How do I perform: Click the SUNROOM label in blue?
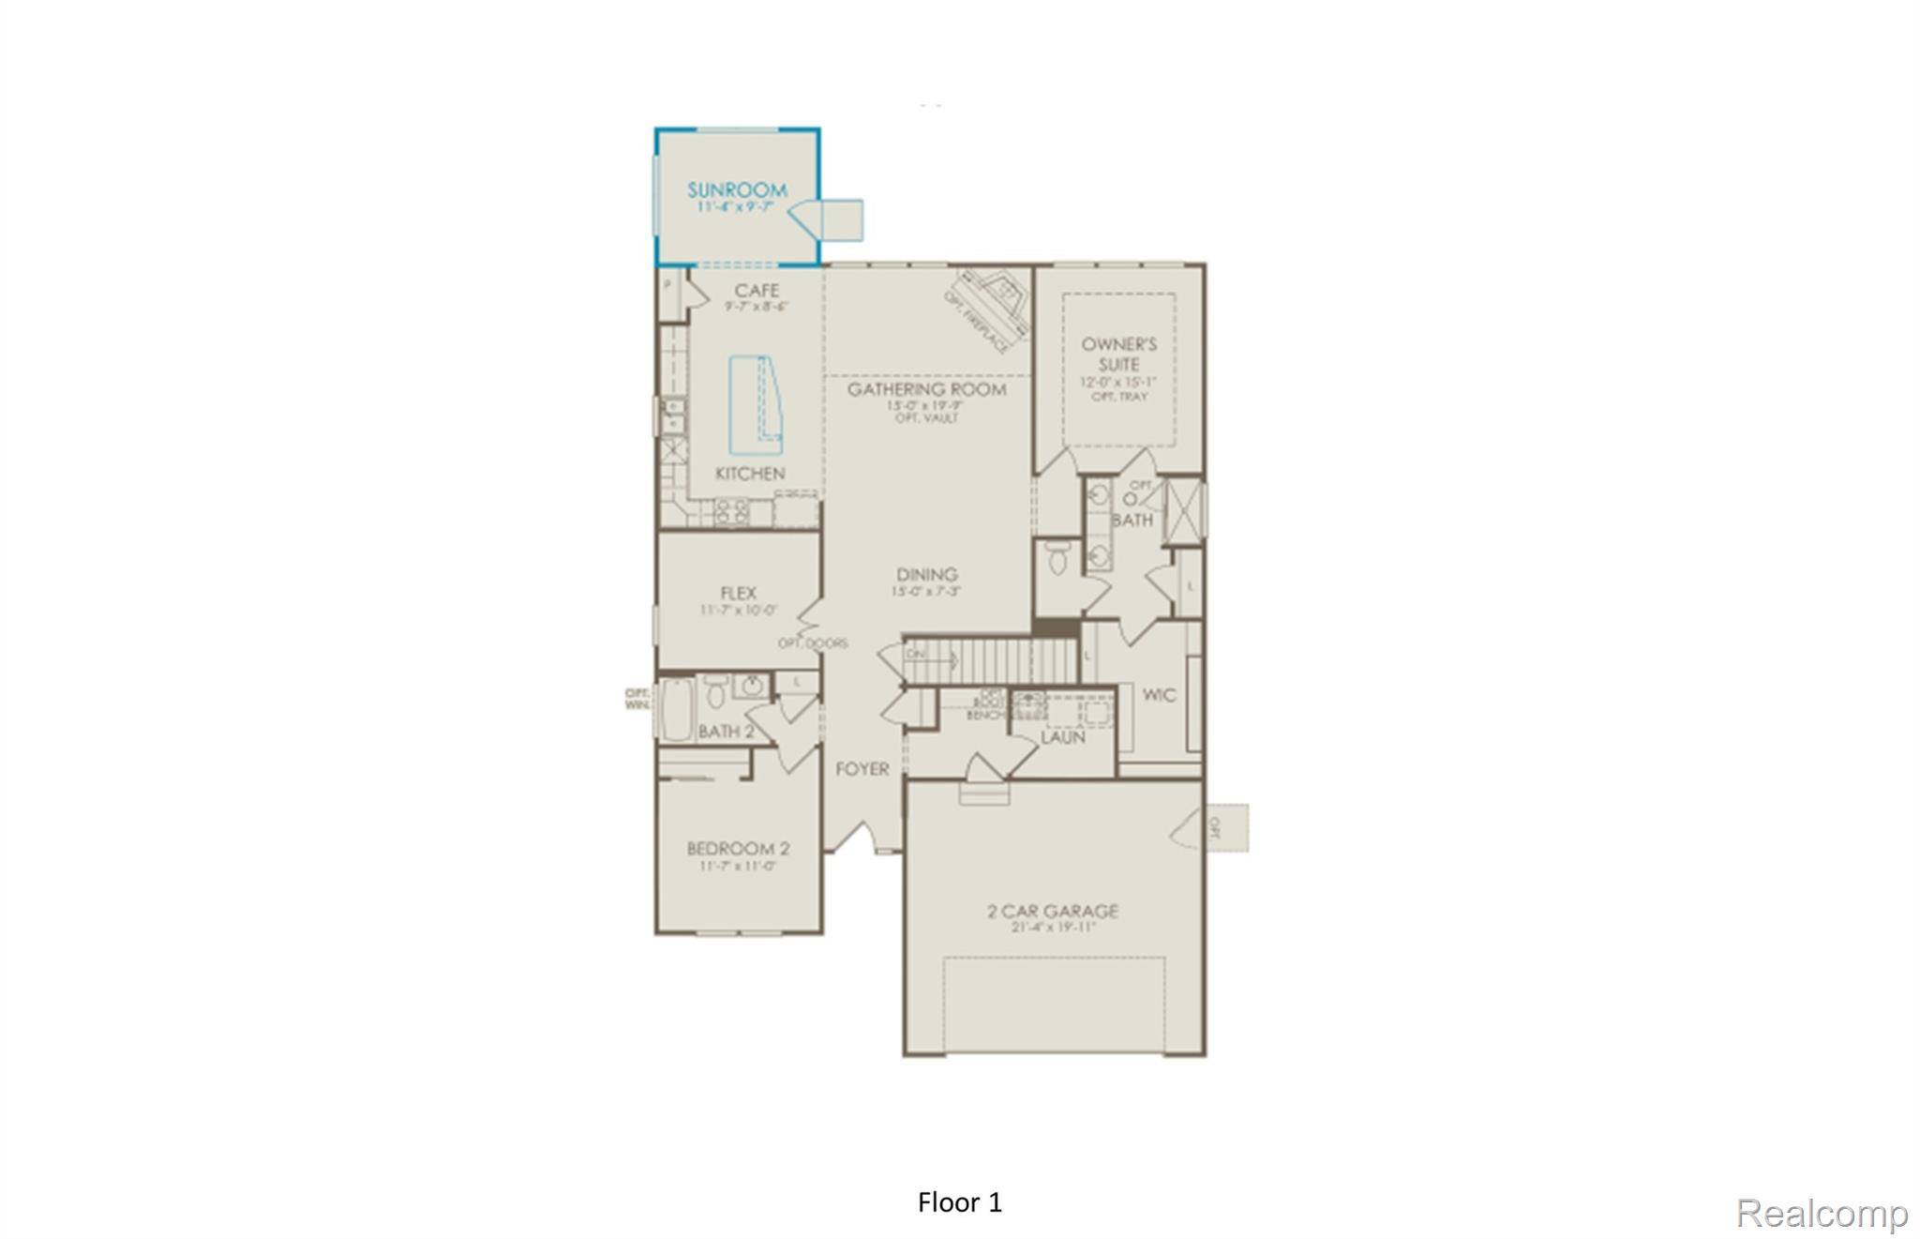pyautogui.click(x=737, y=190)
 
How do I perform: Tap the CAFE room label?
pyautogui.click(x=757, y=291)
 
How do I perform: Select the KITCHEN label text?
pyautogui.click(x=750, y=474)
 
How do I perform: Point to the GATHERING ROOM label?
pyautogui.click(x=926, y=389)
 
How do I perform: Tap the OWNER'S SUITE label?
pyautogui.click(x=1118, y=355)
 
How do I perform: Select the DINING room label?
pyautogui.click(x=926, y=575)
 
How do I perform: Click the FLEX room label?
pyautogui.click(x=739, y=593)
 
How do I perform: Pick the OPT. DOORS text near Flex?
pyautogui.click(x=812, y=643)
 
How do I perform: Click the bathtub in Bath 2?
pyautogui.click(x=676, y=711)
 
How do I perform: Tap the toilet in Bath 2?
pyautogui.click(x=715, y=694)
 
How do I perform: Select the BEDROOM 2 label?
pyautogui.click(x=738, y=849)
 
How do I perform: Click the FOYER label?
pyautogui.click(x=862, y=769)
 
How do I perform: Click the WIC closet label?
pyautogui.click(x=1159, y=695)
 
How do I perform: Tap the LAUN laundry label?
pyautogui.click(x=1063, y=737)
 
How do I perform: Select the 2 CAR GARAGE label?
pyautogui.click(x=1052, y=911)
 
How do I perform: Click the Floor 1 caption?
pyautogui.click(x=960, y=1202)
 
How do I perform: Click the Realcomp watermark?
pyautogui.click(x=1821, y=1214)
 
